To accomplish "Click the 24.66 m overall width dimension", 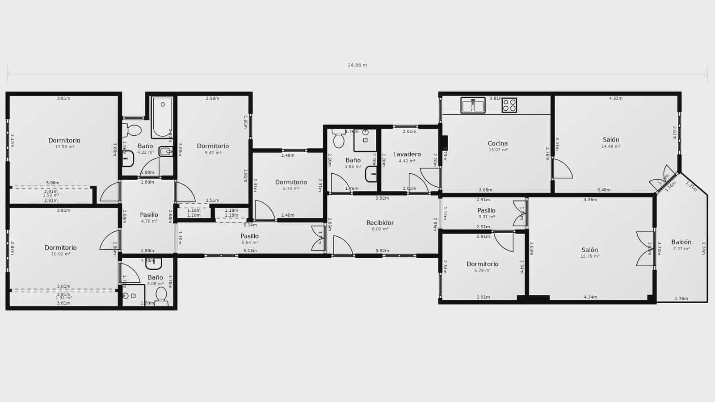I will click(x=357, y=65).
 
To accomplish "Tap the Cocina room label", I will click(x=497, y=143).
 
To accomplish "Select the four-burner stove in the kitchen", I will click(x=509, y=105).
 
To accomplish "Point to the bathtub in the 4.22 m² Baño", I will click(x=162, y=117).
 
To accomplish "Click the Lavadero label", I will click(x=407, y=154).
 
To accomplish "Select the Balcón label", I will click(x=681, y=242).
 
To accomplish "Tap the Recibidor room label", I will click(x=380, y=222).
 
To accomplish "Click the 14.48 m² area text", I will click(x=610, y=147).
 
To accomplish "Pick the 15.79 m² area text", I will click(x=589, y=256).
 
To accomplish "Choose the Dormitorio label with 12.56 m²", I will click(x=64, y=140).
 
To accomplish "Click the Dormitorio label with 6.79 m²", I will click(x=482, y=264).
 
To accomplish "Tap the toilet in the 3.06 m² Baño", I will click(x=161, y=295).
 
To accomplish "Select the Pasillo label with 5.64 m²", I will click(x=249, y=236).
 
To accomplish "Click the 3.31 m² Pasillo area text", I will click(x=486, y=217).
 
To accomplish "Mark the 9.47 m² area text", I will click(x=213, y=153).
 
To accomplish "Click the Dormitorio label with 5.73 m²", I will click(x=291, y=182).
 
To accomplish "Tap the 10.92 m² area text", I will click(x=61, y=254).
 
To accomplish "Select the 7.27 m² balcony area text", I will click(x=681, y=249).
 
